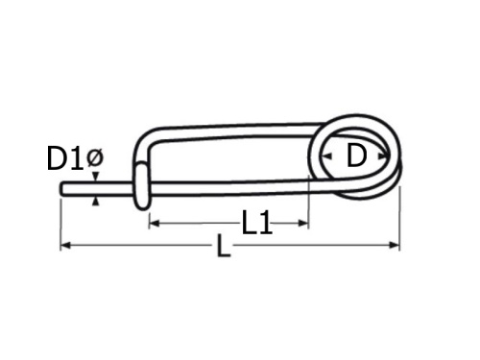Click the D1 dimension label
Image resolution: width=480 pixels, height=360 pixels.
[x=65, y=158]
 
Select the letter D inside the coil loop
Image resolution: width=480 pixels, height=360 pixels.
[x=356, y=156]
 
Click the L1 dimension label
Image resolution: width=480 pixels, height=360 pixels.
[x=257, y=223]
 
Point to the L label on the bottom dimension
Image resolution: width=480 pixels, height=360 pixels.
[x=224, y=246]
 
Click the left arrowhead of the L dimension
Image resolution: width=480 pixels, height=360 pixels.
[x=65, y=246]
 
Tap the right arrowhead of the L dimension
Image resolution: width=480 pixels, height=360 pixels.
[x=395, y=246]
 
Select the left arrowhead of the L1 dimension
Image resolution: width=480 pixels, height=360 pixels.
[x=155, y=223]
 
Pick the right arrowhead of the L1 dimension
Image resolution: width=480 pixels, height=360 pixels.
[x=303, y=223]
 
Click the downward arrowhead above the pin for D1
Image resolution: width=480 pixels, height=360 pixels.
[x=95, y=177]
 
